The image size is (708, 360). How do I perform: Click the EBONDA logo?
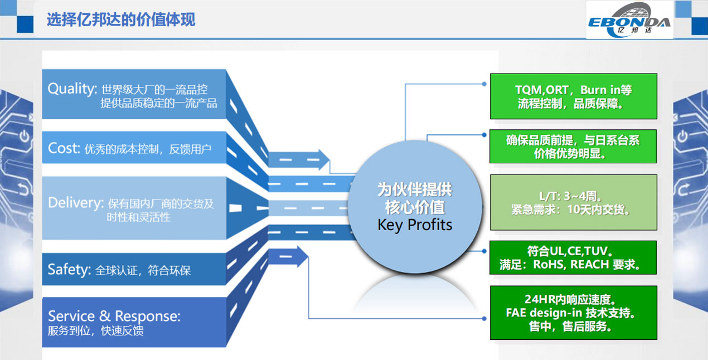click(629, 21)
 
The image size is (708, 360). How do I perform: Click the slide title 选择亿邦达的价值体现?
click(121, 20)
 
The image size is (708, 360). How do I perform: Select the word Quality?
click(72, 89)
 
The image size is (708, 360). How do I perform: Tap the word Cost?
click(64, 148)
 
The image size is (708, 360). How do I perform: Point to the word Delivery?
click(75, 203)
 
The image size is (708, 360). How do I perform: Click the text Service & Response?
click(114, 317)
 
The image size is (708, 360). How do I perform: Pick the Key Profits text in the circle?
click(415, 225)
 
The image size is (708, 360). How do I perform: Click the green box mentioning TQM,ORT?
click(573, 96)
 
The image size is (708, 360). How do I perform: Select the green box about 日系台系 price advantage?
click(573, 147)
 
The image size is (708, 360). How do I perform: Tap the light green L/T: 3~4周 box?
click(573, 203)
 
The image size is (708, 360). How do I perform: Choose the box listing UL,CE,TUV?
click(573, 257)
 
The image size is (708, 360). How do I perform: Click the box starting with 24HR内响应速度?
click(573, 313)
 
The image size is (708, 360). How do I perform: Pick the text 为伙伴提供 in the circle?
click(415, 189)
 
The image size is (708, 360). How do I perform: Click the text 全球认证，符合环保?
click(143, 271)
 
